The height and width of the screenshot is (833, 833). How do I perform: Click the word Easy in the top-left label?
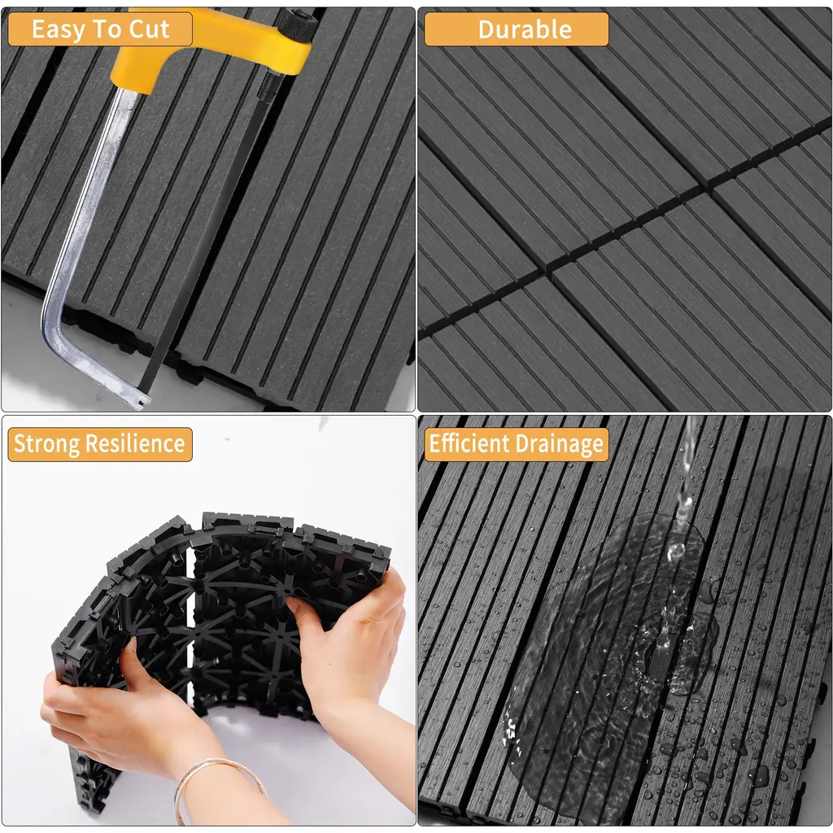(x=58, y=29)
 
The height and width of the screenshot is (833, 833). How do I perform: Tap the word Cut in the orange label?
(x=150, y=28)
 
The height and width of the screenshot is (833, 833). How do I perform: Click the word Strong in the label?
(x=46, y=444)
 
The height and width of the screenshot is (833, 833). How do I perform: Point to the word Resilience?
(x=135, y=443)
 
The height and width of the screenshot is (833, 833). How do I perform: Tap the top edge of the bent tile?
(x=247, y=518)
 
